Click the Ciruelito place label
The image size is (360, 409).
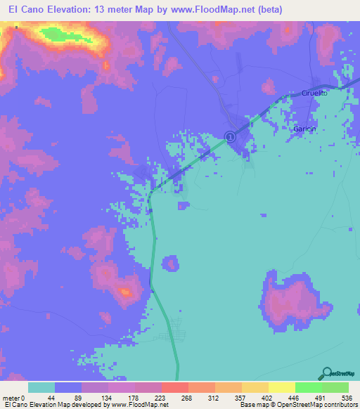[x=315, y=93]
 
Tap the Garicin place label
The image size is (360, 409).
[x=304, y=129]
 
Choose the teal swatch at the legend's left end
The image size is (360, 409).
[x=41, y=387]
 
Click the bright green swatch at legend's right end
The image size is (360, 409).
[x=335, y=387]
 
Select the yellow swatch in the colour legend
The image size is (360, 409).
[x=281, y=387]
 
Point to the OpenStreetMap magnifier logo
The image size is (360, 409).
[x=326, y=372]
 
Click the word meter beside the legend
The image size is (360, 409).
[x=13, y=398]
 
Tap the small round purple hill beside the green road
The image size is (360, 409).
[x=171, y=264]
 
